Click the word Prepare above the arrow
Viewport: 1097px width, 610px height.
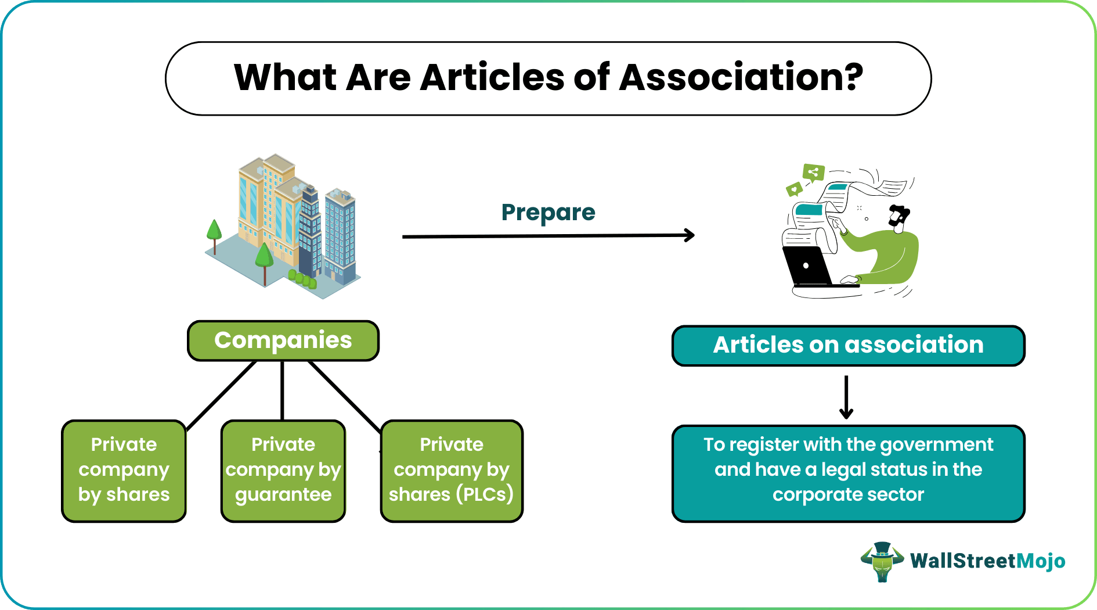(548, 213)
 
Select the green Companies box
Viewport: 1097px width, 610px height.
(283, 340)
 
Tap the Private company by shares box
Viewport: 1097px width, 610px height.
(124, 470)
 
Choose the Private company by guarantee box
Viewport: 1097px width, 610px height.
(283, 470)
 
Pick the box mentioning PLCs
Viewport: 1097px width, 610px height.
(452, 470)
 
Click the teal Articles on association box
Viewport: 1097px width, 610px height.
(848, 345)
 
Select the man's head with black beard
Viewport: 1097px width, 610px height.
(899, 217)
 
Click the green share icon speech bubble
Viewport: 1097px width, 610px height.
(813, 173)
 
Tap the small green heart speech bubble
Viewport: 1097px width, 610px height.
(793, 189)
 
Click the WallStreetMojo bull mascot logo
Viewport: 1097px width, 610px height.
(882, 561)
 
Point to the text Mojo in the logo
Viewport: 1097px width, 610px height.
(1041, 561)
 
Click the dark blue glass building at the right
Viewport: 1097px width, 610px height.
(340, 235)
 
